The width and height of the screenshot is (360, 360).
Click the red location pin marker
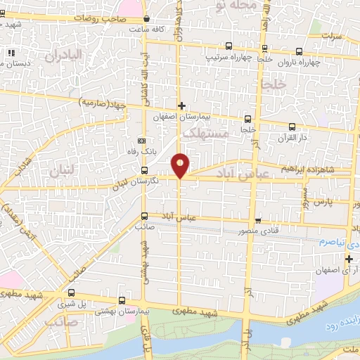click(181, 165)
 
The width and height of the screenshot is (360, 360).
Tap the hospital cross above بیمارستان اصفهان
click(181, 106)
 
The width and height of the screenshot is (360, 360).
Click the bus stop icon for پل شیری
click(71, 292)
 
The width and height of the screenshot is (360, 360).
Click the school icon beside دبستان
click(10, 53)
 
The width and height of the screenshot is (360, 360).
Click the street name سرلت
click(331, 33)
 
